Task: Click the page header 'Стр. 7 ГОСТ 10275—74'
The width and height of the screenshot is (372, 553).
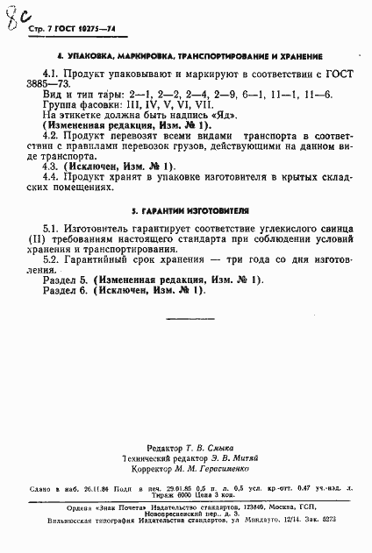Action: point(65,28)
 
